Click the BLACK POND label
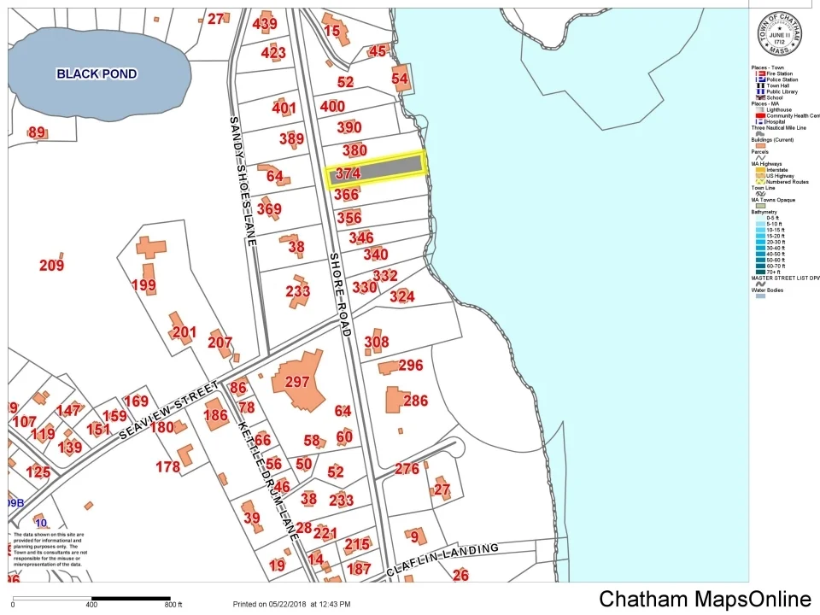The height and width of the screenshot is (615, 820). coord(97,74)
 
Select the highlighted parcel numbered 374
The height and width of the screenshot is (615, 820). coord(377,169)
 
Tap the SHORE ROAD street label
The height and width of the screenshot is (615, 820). coord(338,294)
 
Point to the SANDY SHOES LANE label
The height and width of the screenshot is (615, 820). coord(243,181)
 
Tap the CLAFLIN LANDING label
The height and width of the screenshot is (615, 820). coord(442,559)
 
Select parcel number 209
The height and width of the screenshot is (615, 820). coord(51,266)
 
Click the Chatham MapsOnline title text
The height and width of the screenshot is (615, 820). coord(705,599)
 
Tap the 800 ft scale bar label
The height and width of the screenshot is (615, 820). coord(173,605)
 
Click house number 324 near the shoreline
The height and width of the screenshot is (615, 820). coord(401,297)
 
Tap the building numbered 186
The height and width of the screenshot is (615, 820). coord(216,416)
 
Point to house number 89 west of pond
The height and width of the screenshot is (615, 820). coord(37,132)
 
